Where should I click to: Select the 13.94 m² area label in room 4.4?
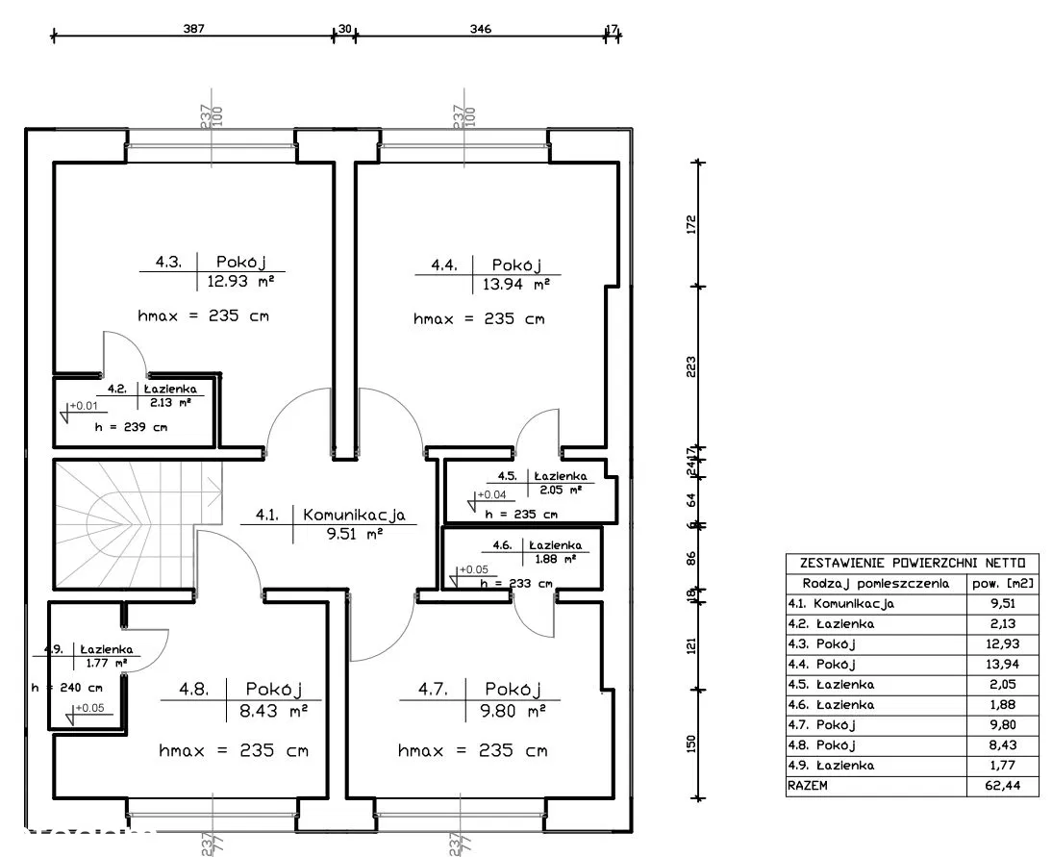(x=514, y=284)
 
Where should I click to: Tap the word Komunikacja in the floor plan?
(x=354, y=515)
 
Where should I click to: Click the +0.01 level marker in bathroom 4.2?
(x=82, y=405)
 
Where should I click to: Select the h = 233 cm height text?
(x=515, y=583)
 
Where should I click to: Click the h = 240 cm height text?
(x=66, y=688)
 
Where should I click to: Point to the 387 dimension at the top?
(x=195, y=29)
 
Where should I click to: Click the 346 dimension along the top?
(x=480, y=29)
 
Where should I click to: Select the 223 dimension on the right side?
(x=690, y=367)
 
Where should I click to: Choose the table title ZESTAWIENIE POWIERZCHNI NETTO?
(x=912, y=563)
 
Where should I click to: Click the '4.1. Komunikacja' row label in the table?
(x=840, y=604)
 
